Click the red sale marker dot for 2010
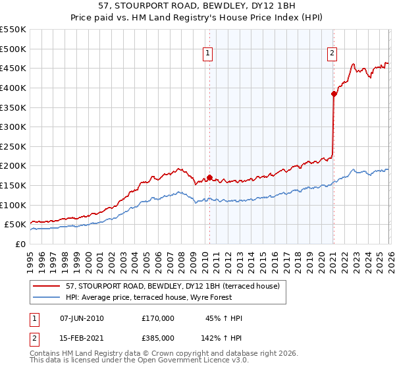(x=209, y=177)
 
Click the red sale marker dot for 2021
(x=334, y=94)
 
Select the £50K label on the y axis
(x=15, y=225)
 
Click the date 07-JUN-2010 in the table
(x=82, y=318)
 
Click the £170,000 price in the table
(x=158, y=318)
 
